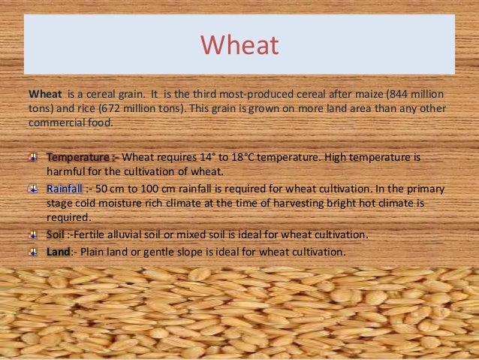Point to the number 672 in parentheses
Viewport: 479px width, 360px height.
(x=94, y=108)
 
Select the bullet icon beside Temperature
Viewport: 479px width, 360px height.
(x=31, y=159)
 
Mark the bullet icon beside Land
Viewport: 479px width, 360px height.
(x=31, y=252)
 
